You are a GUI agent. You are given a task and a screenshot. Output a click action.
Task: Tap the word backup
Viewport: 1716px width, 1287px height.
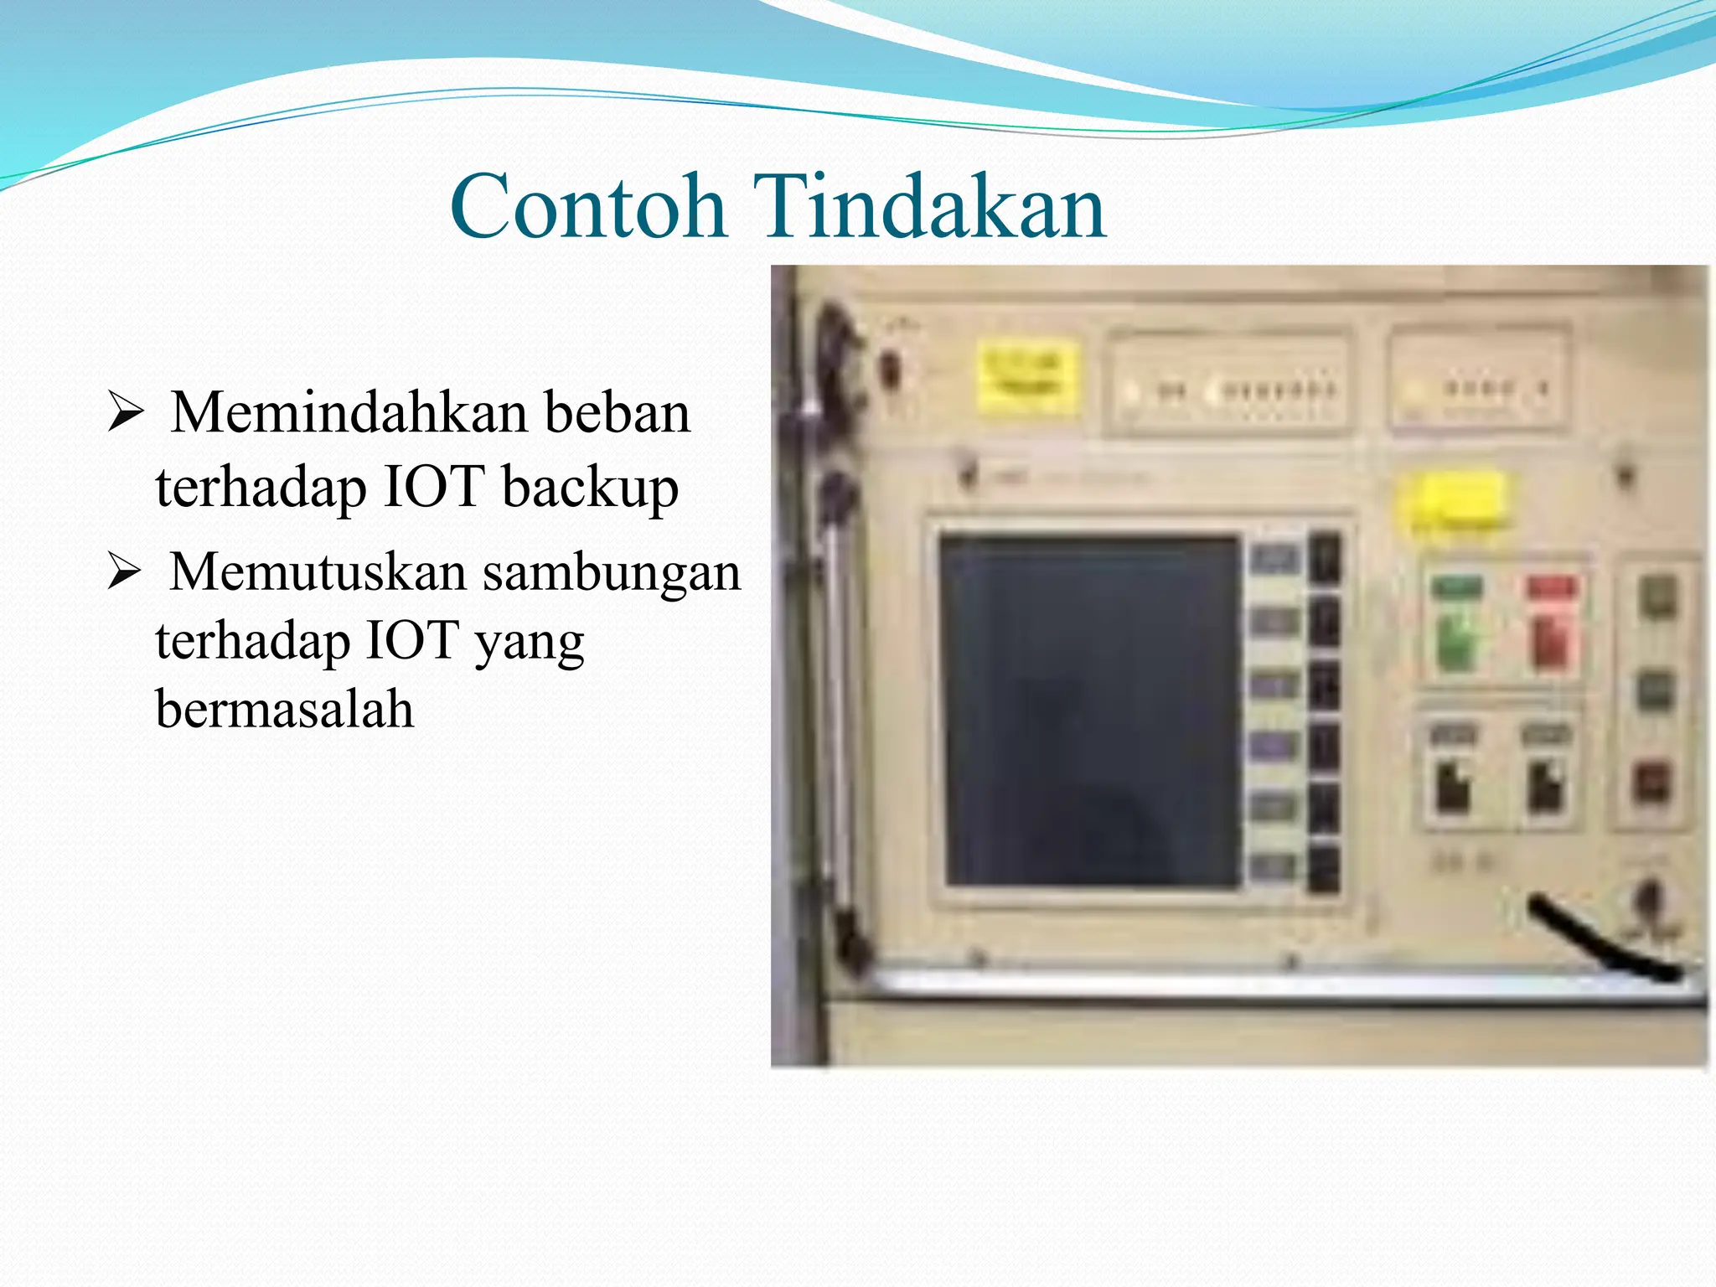coord(590,488)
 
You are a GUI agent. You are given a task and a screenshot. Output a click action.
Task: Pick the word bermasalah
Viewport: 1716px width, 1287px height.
coord(284,709)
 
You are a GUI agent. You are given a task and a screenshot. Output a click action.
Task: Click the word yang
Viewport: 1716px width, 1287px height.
coord(529,643)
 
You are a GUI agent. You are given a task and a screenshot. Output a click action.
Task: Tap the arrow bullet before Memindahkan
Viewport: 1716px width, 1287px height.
coord(126,414)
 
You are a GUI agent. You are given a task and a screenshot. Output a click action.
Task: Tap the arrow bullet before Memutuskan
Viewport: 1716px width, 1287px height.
coord(126,573)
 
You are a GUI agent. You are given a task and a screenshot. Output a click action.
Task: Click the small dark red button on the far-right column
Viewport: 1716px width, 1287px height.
coord(1651,783)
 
